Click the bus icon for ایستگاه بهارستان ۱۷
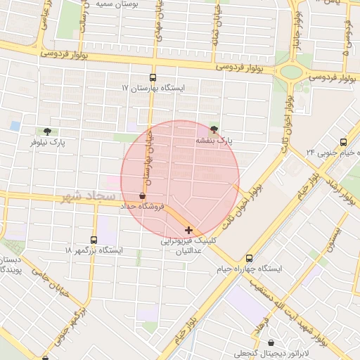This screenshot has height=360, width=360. click(x=153, y=78)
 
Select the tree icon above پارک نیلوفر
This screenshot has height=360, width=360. click(x=47, y=131)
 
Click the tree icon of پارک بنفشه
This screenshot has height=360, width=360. click(x=214, y=129)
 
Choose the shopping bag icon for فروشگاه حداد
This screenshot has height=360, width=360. click(x=143, y=196)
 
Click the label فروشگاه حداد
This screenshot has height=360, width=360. click(x=143, y=207)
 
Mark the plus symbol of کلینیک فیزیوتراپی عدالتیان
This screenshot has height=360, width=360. click(x=188, y=230)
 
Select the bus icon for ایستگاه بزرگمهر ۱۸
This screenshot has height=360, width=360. click(x=94, y=240)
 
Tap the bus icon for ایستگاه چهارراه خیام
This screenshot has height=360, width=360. click(x=249, y=258)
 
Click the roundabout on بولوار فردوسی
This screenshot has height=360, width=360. click(x=290, y=71)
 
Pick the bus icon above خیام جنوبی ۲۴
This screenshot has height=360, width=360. click(x=343, y=141)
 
